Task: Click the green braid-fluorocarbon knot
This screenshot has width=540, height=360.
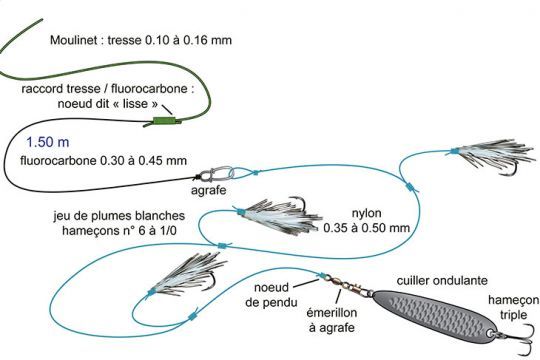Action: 161,121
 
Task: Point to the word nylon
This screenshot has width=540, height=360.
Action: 367,213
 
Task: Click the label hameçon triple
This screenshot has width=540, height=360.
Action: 510,307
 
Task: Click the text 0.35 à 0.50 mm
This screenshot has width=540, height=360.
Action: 367,228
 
